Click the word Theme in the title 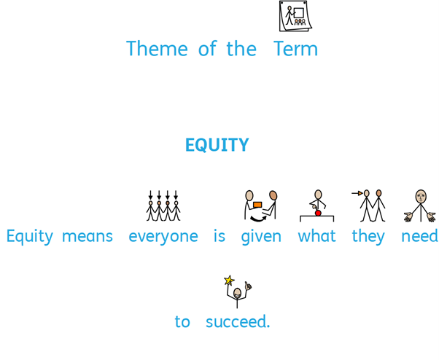[157, 49]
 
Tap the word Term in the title [295, 49]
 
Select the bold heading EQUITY [217, 145]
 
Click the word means [88, 236]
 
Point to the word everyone [163, 237]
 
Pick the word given [261, 237]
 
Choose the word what [316, 236]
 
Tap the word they [368, 237]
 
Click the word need [419, 236]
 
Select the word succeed [238, 321]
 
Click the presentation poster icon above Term [295, 16]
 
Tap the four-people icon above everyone [163, 206]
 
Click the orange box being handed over [257, 205]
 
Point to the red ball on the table [318, 213]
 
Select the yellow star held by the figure [229, 280]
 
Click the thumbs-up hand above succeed [248, 286]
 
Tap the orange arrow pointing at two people [357, 193]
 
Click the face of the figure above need [421, 197]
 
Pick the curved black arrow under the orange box [257, 219]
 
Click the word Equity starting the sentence [30, 237]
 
